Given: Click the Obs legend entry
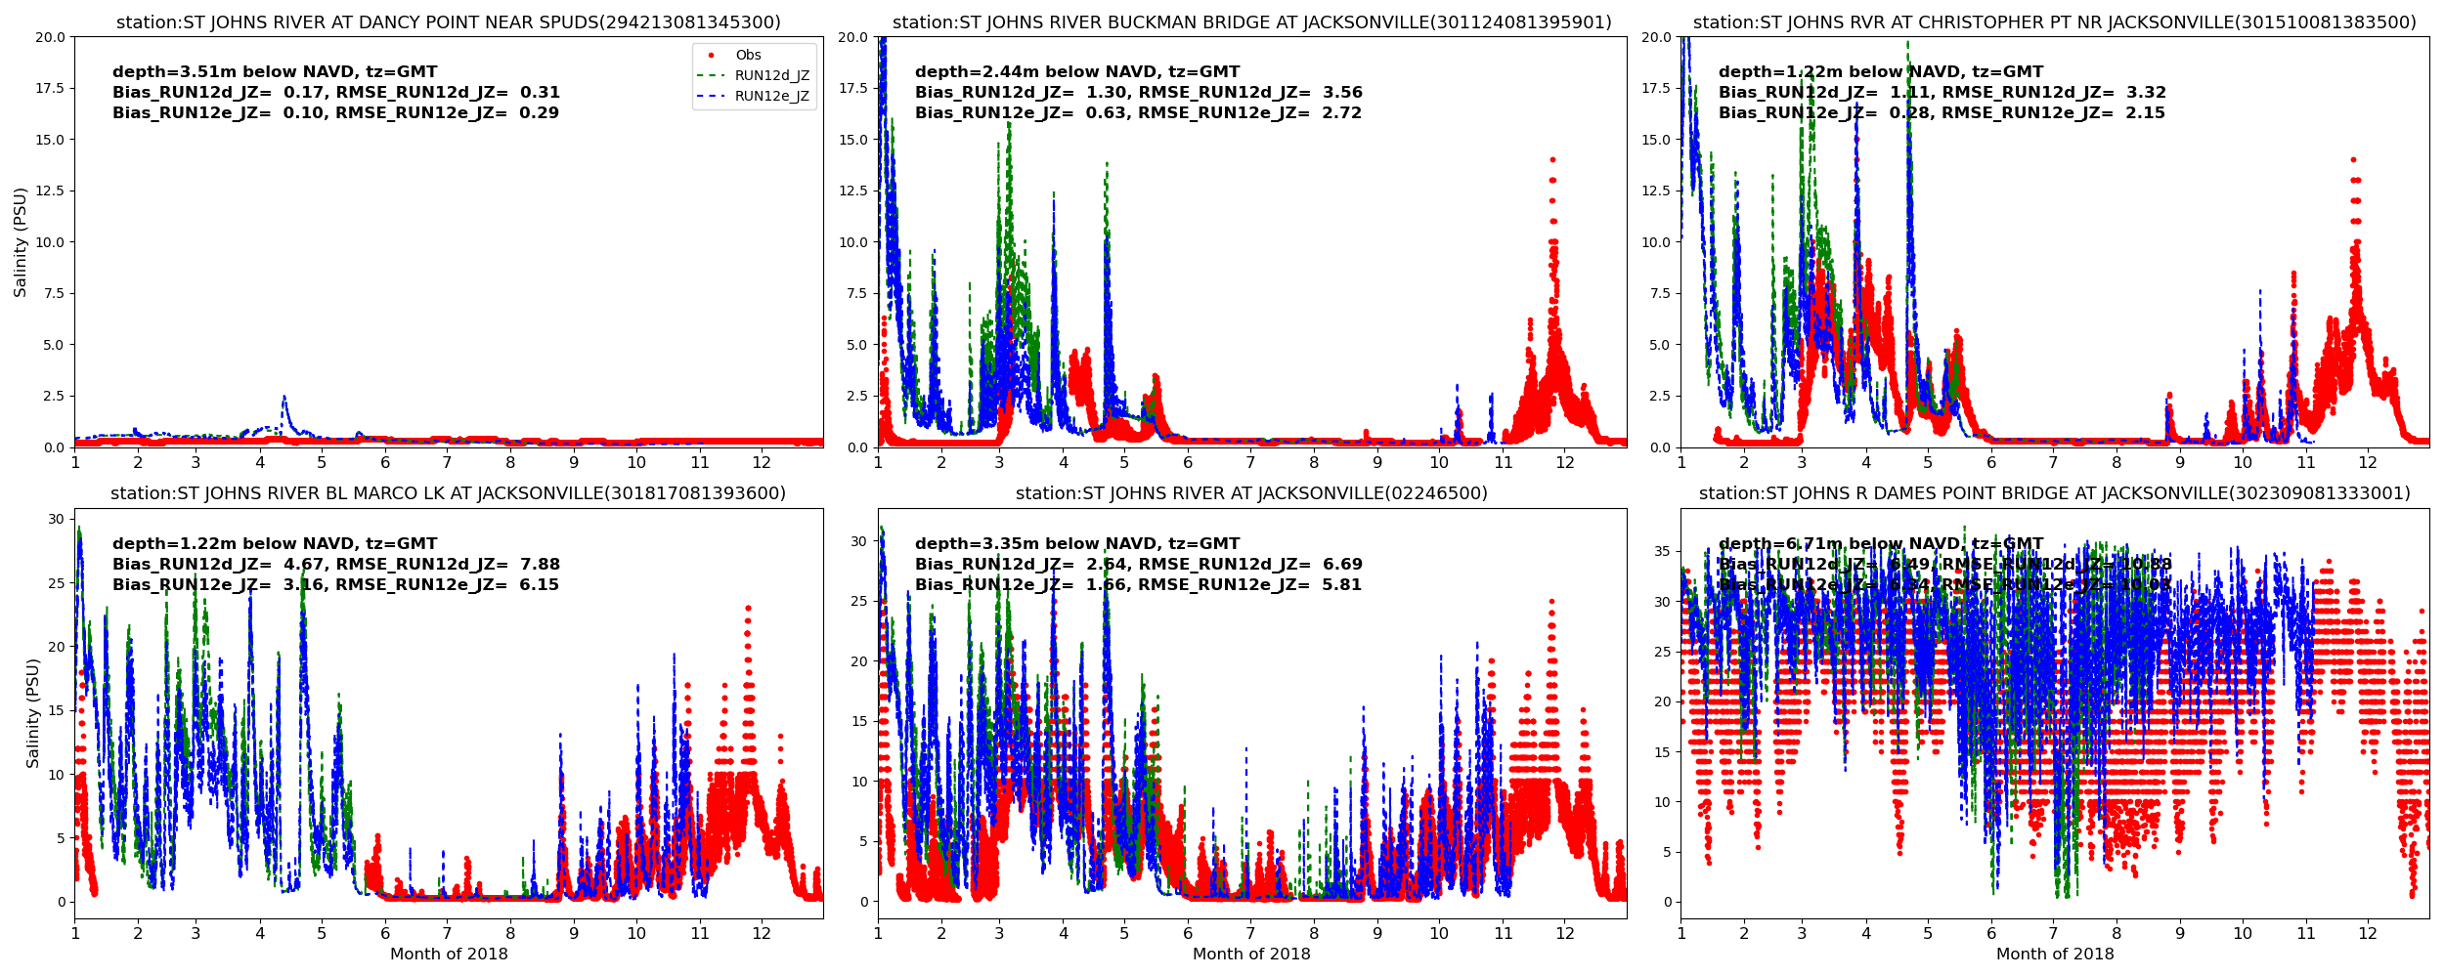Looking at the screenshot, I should [748, 56].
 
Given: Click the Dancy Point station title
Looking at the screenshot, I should [448, 22].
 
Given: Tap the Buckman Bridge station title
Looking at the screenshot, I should [1251, 22].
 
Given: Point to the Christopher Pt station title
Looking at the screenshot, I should [2054, 22].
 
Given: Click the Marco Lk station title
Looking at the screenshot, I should [448, 493].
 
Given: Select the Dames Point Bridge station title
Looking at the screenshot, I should [2054, 493].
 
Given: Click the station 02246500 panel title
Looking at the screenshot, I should [1251, 493].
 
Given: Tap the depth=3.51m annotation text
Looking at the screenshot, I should [275, 72].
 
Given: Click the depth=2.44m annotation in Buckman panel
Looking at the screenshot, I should [1076, 72].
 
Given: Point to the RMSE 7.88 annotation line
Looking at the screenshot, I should [335, 565].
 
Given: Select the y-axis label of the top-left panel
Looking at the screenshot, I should [21, 242].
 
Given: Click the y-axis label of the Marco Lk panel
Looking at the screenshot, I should [33, 713].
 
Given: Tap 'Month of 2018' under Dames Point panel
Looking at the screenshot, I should [2054, 955].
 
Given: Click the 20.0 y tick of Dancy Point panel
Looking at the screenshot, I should [50, 37].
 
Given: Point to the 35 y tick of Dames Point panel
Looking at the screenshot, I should [1661, 552].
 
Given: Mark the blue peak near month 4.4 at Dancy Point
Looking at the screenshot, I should [284, 397].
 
